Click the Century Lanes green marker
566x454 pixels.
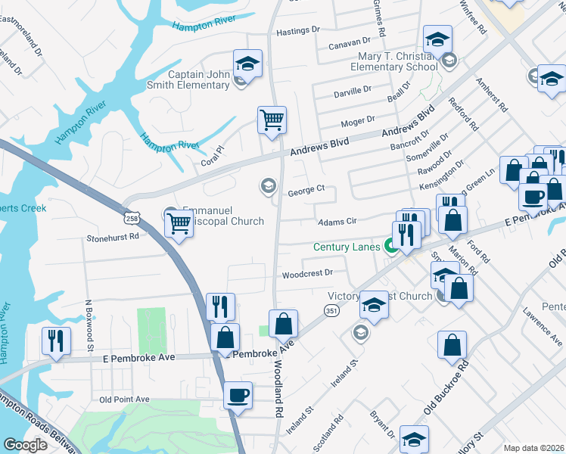click(391, 246)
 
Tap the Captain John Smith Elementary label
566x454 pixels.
click(198, 79)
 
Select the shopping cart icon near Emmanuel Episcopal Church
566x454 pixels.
click(179, 222)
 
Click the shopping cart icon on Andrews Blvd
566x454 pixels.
click(272, 120)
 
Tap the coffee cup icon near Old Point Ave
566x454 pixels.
click(238, 395)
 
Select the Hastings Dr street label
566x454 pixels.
click(299, 31)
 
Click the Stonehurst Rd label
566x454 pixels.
click(113, 236)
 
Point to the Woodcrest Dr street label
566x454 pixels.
click(307, 273)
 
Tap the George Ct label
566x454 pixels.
click(306, 192)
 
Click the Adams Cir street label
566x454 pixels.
click(337, 222)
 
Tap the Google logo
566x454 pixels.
click(24, 445)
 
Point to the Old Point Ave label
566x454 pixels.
click(125, 399)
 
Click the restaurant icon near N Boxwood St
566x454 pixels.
click(56, 340)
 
